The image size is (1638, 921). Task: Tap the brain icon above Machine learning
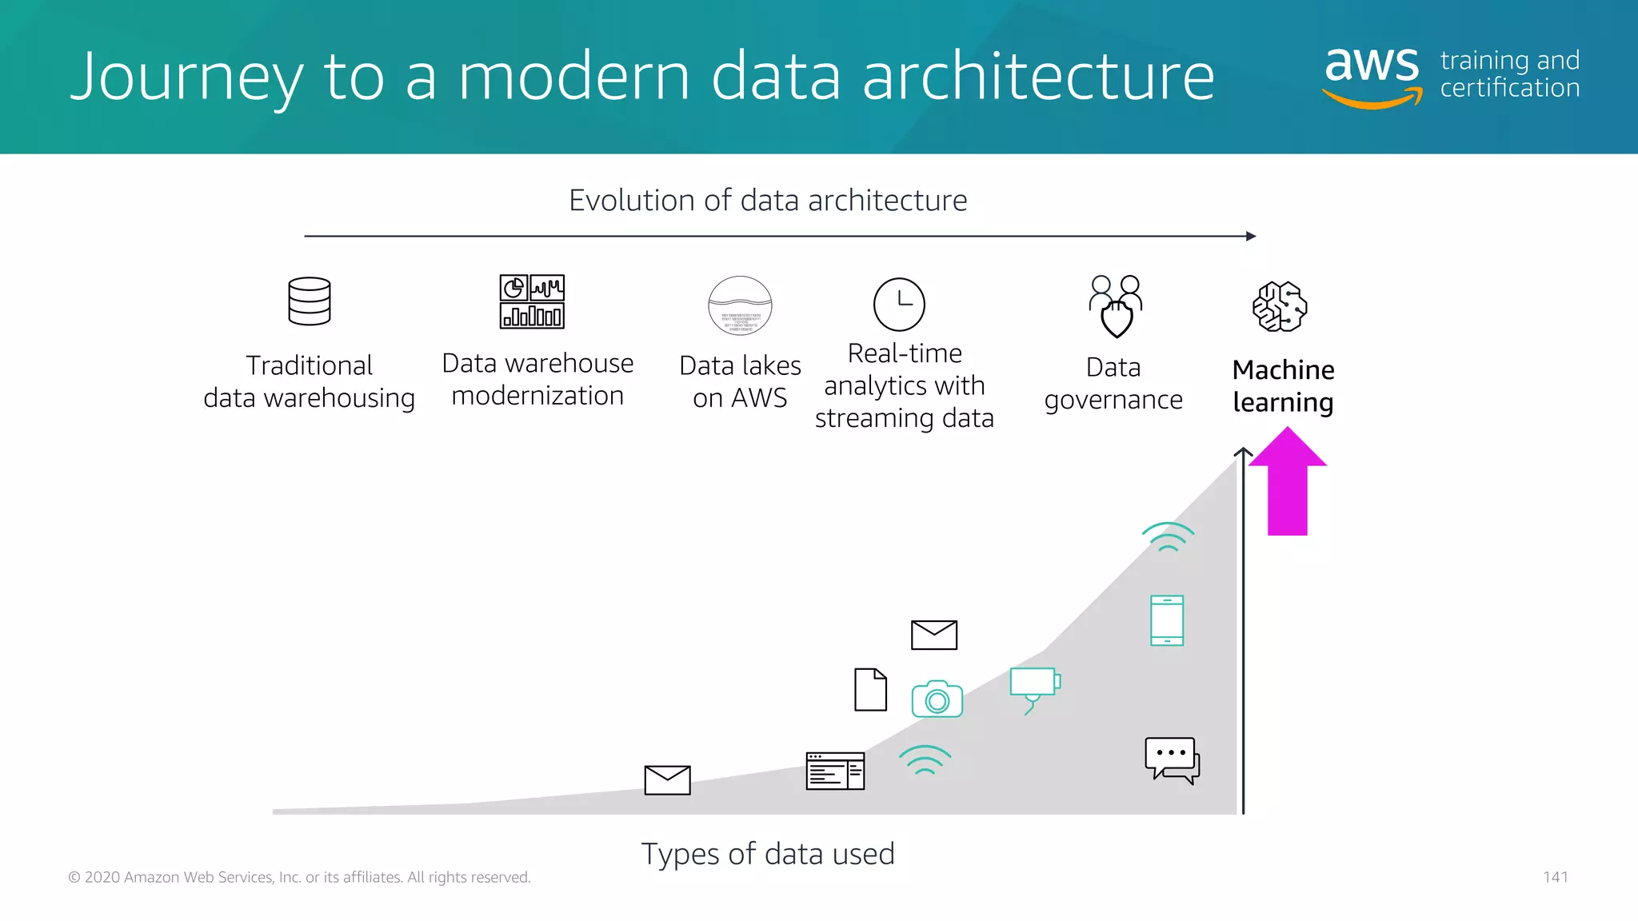click(x=1280, y=306)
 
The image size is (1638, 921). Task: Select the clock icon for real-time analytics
click(x=899, y=305)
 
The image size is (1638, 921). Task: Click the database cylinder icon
click(x=310, y=301)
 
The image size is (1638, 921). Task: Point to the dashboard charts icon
click(x=532, y=301)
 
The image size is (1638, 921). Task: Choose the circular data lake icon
click(x=741, y=305)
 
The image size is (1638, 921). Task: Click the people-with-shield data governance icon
click(x=1116, y=306)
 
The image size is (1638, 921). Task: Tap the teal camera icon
click(x=937, y=700)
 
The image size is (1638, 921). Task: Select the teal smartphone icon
click(x=1167, y=620)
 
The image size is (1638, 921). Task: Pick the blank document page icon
click(x=870, y=689)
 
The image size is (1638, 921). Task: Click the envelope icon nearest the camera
click(x=934, y=635)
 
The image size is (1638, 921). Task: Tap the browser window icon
click(x=835, y=771)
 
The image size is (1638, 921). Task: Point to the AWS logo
click(x=1372, y=76)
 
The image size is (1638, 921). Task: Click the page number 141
click(x=1556, y=877)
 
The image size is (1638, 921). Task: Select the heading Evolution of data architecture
click(x=768, y=200)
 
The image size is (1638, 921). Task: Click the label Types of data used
click(x=768, y=854)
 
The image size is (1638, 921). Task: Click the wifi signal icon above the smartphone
click(x=1168, y=536)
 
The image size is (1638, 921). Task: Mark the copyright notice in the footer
click(x=299, y=877)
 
